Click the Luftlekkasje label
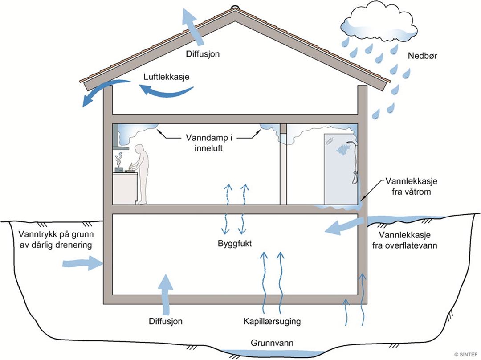pos(167,77)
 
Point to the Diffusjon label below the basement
pos(166,321)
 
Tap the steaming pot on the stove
pos(119,168)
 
